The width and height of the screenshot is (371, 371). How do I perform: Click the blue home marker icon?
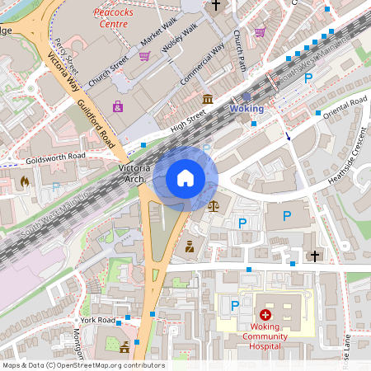[185, 178]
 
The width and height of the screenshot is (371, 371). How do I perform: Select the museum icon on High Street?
[206, 100]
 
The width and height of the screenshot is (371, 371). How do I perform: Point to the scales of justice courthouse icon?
[214, 204]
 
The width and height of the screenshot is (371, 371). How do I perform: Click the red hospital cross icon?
[265, 314]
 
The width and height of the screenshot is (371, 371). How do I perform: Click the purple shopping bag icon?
[119, 106]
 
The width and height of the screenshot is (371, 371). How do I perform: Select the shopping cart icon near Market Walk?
[144, 56]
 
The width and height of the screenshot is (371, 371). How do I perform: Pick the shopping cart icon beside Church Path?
[261, 33]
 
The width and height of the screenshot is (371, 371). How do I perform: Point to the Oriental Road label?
[345, 102]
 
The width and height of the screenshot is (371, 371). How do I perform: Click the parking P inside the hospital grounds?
[235, 306]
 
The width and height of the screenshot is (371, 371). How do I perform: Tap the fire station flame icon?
[24, 181]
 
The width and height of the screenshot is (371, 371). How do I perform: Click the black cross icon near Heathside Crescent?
[313, 256]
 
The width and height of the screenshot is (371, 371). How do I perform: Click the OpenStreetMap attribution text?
[83, 365]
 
